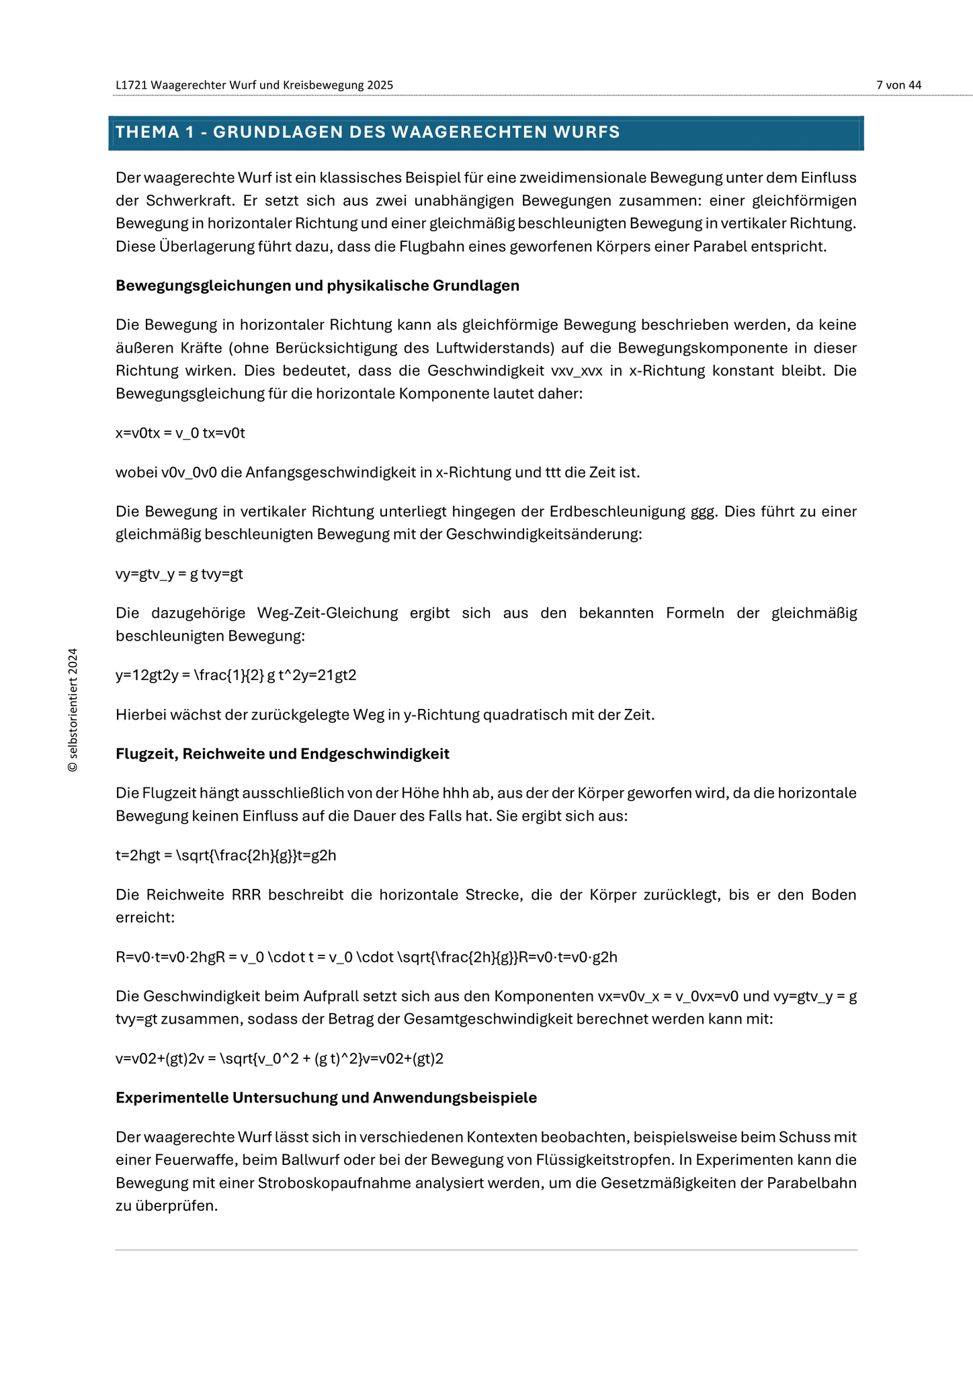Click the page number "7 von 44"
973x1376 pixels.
898,85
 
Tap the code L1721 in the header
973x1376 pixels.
131,85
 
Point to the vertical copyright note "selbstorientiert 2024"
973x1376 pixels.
73,710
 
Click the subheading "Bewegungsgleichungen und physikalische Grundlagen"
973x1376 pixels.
317,286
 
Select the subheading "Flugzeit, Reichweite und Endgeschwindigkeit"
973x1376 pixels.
282,754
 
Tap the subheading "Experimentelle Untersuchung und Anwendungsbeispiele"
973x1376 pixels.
326,1098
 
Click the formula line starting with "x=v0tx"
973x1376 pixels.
180,433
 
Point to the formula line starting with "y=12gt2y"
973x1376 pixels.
236,675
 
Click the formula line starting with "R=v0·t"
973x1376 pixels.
366,957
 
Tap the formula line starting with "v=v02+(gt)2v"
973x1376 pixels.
280,1060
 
